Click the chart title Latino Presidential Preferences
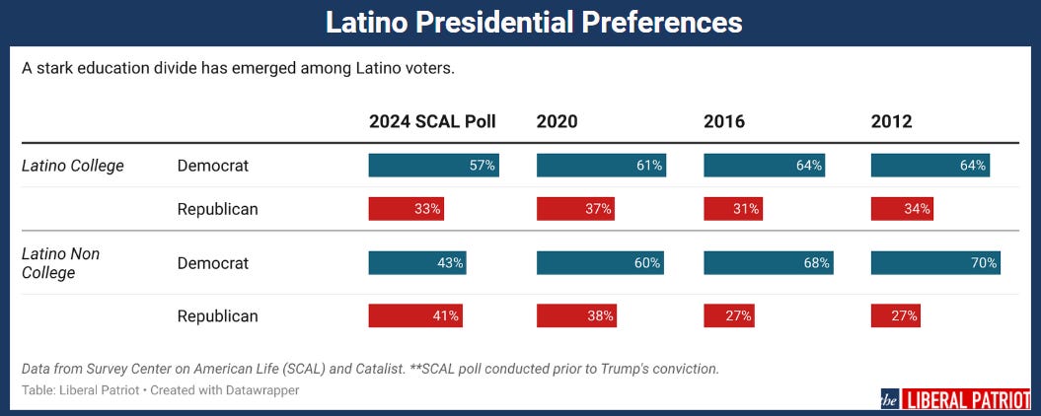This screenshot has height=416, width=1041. [x=520, y=22]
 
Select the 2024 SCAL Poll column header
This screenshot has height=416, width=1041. [x=432, y=122]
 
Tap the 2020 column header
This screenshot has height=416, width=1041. [x=558, y=122]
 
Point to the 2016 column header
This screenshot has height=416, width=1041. [x=724, y=122]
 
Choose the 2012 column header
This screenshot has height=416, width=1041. [x=891, y=122]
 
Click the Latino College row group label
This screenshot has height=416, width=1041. [x=73, y=166]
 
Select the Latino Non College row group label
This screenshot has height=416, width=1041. [x=61, y=263]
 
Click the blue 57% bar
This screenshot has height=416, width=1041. [x=433, y=166]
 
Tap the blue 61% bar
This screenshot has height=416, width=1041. [x=601, y=166]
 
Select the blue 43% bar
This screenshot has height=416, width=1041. [x=417, y=263]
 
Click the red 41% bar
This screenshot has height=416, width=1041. [x=415, y=316]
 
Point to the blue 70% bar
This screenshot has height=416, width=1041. [x=935, y=263]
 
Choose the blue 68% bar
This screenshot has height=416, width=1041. [x=768, y=263]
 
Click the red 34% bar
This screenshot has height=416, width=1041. [x=902, y=209]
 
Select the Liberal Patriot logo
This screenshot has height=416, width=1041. [x=955, y=399]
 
